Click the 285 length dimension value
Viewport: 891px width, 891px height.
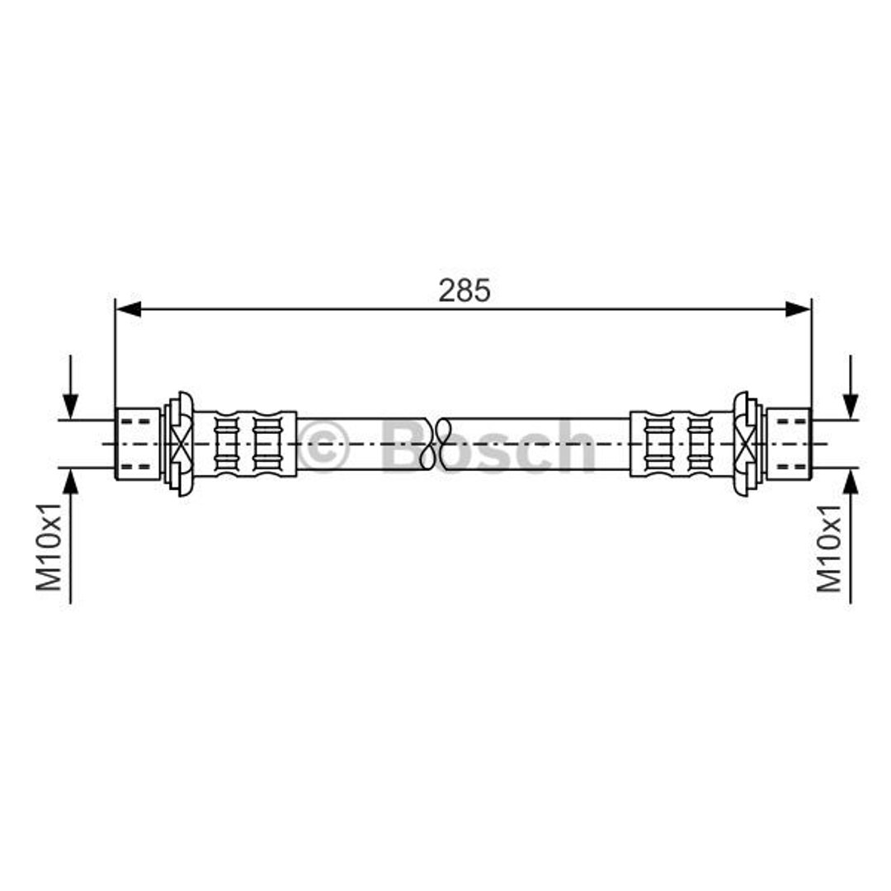[464, 291]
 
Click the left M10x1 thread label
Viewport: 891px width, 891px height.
[49, 547]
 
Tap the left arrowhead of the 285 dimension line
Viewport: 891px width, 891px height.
[129, 309]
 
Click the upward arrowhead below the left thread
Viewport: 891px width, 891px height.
[70, 483]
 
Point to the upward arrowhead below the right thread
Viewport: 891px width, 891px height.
[851, 483]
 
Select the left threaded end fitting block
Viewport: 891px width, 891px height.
[138, 444]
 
